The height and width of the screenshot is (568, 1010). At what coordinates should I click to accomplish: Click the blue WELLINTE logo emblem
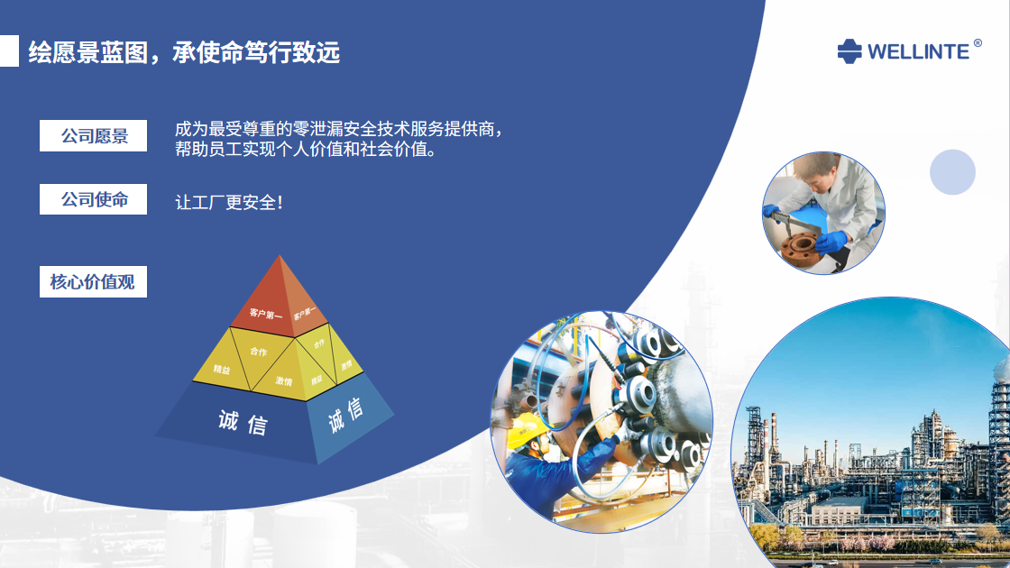click(849, 51)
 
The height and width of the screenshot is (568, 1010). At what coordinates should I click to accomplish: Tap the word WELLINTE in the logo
click(918, 52)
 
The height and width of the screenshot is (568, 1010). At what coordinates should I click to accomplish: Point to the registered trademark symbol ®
click(978, 43)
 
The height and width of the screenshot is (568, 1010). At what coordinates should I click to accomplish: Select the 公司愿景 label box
click(94, 136)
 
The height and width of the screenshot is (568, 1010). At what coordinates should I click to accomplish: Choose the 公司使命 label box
click(94, 199)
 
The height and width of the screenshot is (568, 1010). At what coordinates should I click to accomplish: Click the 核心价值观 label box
click(94, 281)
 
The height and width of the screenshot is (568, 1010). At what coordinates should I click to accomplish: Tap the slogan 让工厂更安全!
click(229, 202)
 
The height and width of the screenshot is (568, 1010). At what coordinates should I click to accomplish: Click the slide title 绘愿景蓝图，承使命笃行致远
click(184, 52)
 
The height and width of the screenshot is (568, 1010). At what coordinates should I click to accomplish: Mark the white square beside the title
click(9, 50)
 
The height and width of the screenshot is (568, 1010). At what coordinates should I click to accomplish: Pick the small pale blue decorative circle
click(952, 172)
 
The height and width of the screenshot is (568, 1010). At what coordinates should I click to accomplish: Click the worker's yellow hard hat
click(527, 429)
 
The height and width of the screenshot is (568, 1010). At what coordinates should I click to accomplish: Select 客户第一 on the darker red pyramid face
click(265, 314)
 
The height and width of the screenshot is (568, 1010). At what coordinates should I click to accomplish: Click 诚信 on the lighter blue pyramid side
click(345, 415)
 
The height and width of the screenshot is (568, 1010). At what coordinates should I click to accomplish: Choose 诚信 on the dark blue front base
click(243, 423)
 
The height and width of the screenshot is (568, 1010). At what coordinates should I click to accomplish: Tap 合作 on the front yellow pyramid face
click(258, 352)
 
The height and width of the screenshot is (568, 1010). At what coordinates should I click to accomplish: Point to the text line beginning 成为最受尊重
click(339, 129)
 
